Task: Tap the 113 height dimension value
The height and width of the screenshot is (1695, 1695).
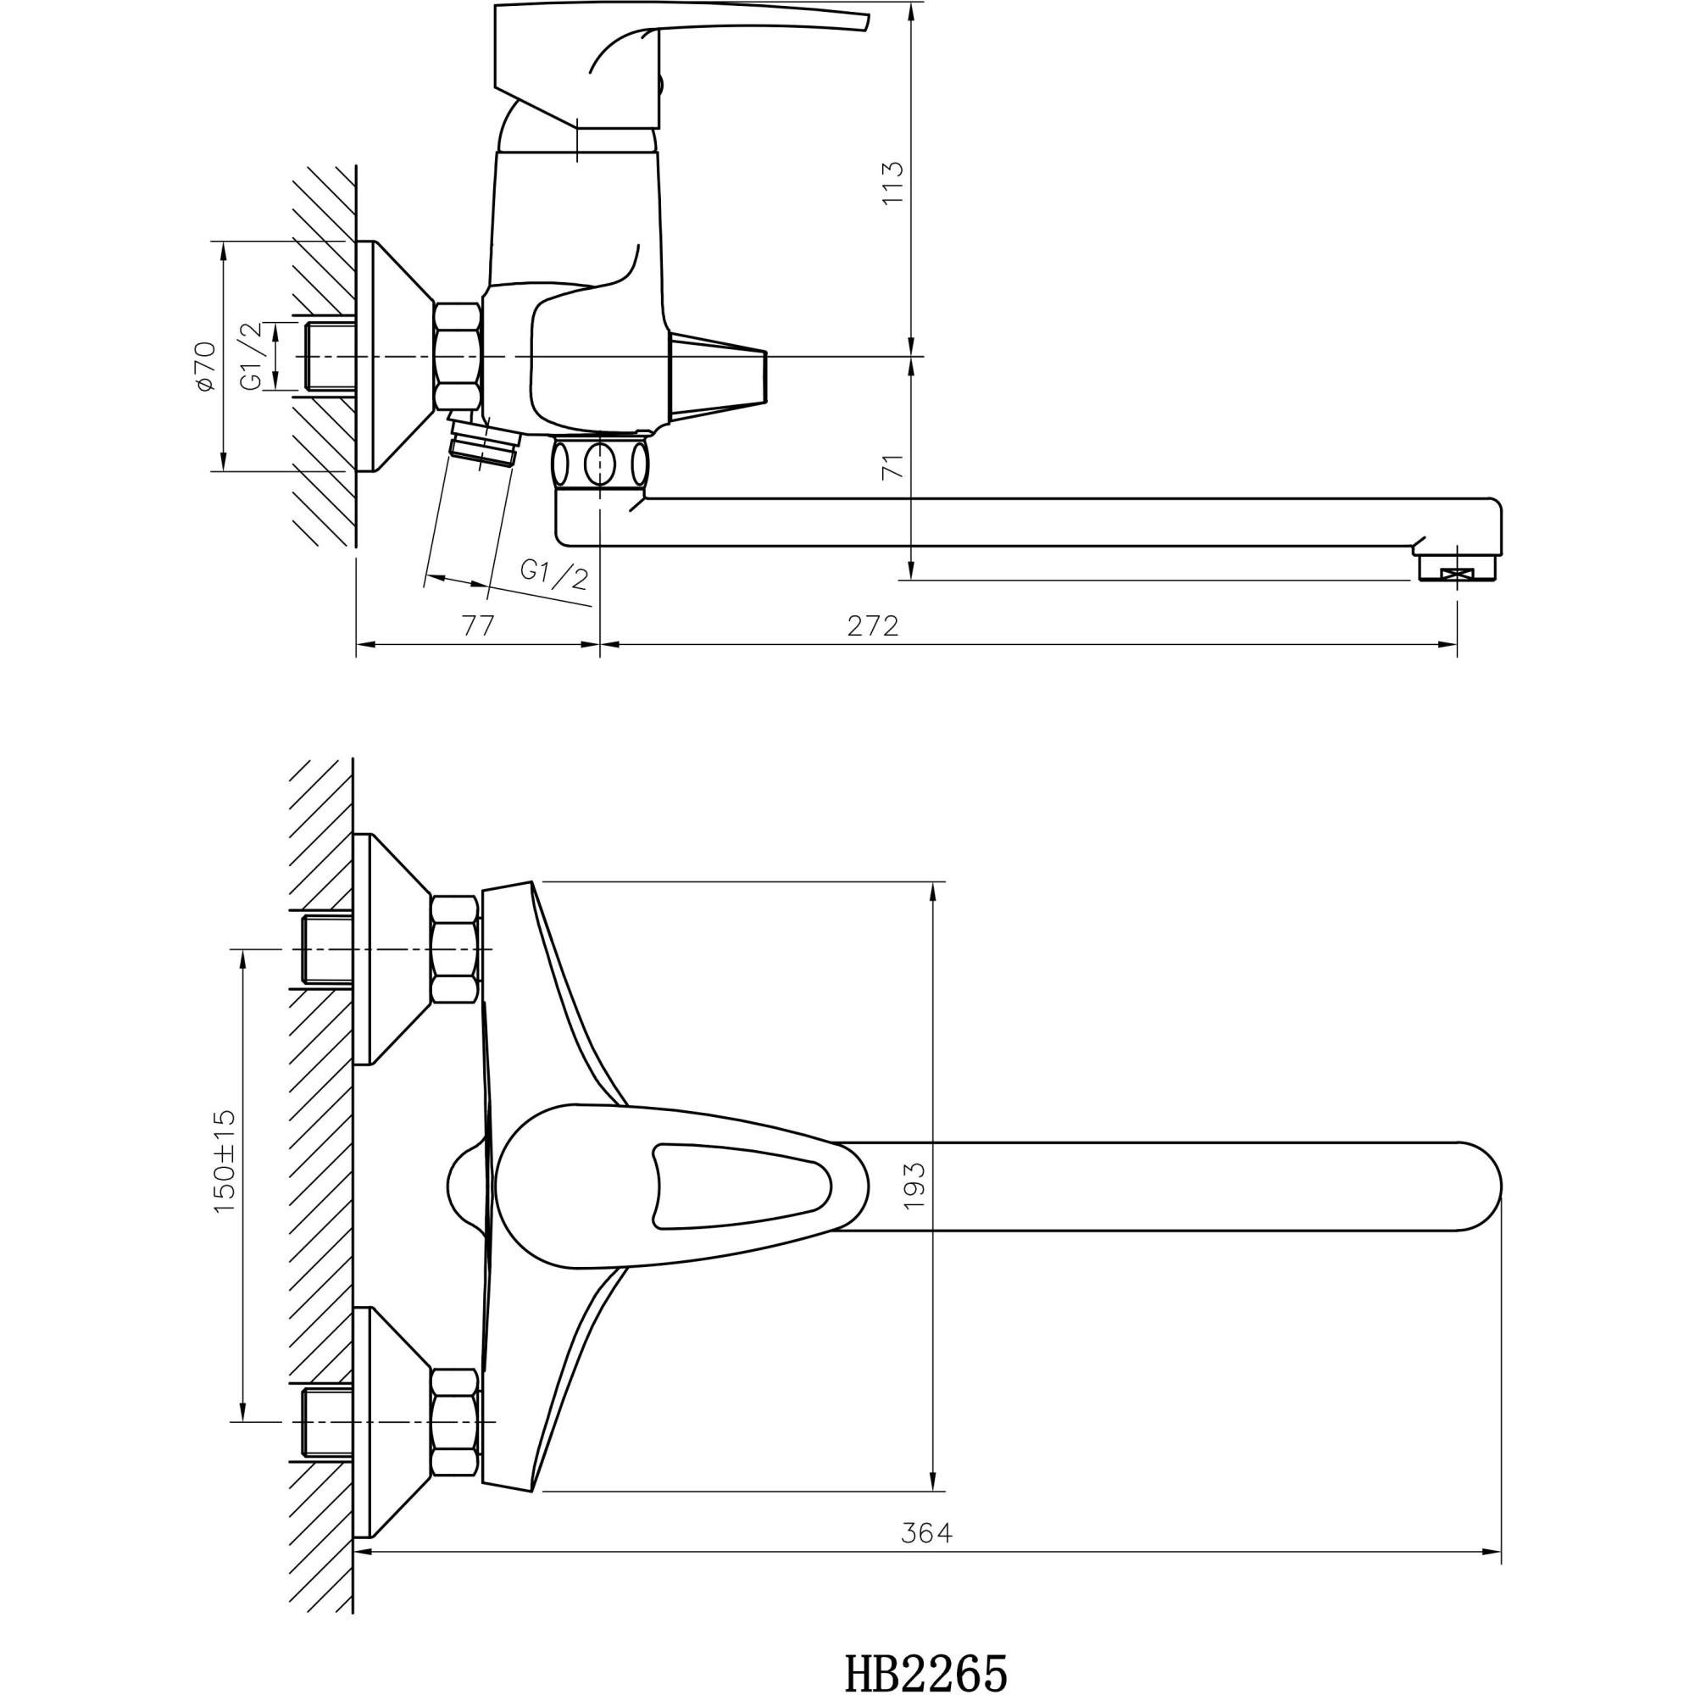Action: click(x=892, y=182)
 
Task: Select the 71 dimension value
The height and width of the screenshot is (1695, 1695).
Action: click(x=892, y=467)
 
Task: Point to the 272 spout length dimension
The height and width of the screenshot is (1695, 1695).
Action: click(x=873, y=625)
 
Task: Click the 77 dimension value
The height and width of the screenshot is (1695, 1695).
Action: click(x=478, y=625)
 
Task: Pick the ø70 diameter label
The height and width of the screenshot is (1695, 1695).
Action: click(x=205, y=367)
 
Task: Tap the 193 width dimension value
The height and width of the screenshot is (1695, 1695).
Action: click(x=914, y=1186)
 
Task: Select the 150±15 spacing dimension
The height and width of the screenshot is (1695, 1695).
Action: click(x=225, y=1162)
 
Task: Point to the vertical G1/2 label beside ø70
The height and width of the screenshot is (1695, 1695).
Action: click(x=252, y=356)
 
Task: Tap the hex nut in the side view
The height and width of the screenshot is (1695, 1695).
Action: click(x=457, y=355)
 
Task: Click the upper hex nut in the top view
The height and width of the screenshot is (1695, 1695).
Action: click(x=455, y=949)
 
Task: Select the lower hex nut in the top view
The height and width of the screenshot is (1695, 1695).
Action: click(x=455, y=1422)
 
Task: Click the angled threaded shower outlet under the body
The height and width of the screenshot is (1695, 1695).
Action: click(x=483, y=444)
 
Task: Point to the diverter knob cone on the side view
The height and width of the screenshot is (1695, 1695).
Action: click(x=718, y=375)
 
